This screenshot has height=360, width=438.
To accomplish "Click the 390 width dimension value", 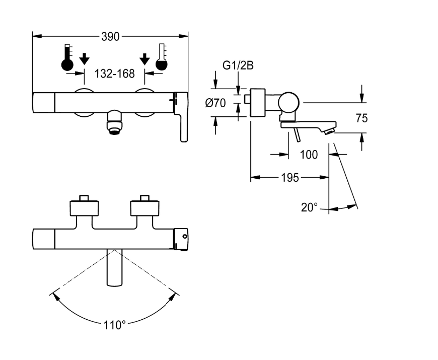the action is point(110,37).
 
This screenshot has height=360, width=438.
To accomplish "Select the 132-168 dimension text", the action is point(114,74).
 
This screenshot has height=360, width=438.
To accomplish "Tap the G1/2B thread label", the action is point(238,65).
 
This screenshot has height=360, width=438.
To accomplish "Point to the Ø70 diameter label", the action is point(215,103).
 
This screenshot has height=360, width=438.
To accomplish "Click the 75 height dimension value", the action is point(362,118).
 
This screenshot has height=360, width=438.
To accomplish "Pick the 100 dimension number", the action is point(309,155).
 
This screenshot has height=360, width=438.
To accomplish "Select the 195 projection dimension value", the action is point(290,178).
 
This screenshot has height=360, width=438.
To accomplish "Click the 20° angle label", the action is point(309,207).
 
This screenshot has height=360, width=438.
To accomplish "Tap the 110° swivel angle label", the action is point(114,325).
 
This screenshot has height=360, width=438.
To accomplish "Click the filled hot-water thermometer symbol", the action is point(67,57).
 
